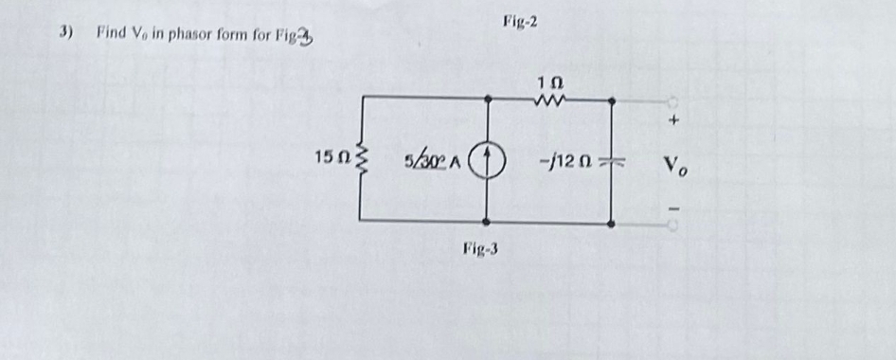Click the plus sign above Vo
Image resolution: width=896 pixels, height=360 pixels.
pos(673,122)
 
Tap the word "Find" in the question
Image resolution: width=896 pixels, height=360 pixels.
pos(110,33)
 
